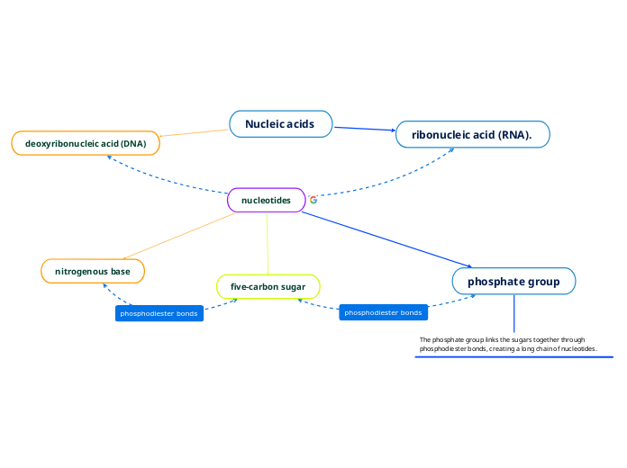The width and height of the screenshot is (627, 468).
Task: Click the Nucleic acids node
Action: click(280, 124)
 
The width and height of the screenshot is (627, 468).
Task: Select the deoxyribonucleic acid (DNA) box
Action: click(86, 143)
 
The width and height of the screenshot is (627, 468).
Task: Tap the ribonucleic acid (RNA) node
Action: click(472, 135)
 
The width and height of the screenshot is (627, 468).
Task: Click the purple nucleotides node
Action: click(267, 200)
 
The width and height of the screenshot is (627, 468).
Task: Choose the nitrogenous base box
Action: click(93, 271)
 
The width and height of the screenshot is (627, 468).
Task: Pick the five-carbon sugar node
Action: click(268, 286)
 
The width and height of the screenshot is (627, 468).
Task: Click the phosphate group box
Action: click(513, 282)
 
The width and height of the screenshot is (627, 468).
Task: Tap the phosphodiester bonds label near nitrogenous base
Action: click(159, 313)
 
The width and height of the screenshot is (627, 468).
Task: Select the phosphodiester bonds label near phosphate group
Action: click(383, 312)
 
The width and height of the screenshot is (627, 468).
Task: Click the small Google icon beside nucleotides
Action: click(313, 200)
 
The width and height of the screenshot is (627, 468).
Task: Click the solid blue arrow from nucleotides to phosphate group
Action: click(387, 240)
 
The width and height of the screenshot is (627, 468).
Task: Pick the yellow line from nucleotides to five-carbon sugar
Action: click(268, 243)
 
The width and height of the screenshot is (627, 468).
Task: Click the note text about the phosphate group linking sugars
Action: click(507, 344)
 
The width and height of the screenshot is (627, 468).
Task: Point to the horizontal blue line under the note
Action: click(513, 357)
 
